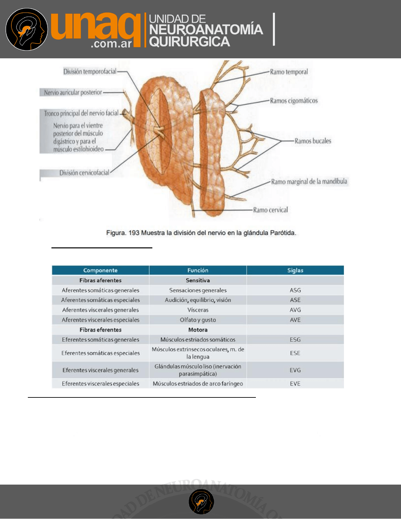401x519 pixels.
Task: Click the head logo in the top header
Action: [27, 29]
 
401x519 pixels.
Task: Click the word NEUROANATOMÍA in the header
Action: [206, 30]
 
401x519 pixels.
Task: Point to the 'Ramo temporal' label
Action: [289, 72]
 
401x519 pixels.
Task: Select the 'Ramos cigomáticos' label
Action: [294, 101]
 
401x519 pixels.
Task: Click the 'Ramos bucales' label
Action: [313, 141]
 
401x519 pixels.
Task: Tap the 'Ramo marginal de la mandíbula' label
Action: [309, 182]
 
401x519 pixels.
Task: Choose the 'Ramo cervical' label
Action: [270, 210]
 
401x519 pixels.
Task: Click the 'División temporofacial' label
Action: [90, 71]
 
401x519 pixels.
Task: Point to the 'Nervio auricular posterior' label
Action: [73, 92]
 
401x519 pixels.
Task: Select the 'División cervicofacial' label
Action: [84, 173]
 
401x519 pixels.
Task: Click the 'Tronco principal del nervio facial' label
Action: [81, 113]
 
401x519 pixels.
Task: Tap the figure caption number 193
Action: [134, 233]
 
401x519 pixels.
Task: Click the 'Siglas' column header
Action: [295, 270]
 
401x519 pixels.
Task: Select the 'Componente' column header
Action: [100, 270]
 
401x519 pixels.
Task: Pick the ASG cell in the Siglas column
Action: [295, 290]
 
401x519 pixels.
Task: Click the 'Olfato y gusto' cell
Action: [198, 320]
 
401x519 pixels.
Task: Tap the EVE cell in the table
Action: [295, 383]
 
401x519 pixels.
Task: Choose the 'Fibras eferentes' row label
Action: [100, 330]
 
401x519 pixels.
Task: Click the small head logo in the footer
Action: [201, 502]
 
